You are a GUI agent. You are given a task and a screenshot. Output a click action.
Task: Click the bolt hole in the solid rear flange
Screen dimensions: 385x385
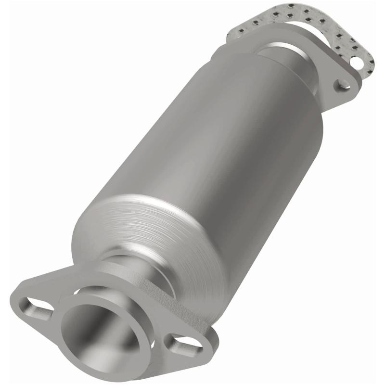point(343,84)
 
